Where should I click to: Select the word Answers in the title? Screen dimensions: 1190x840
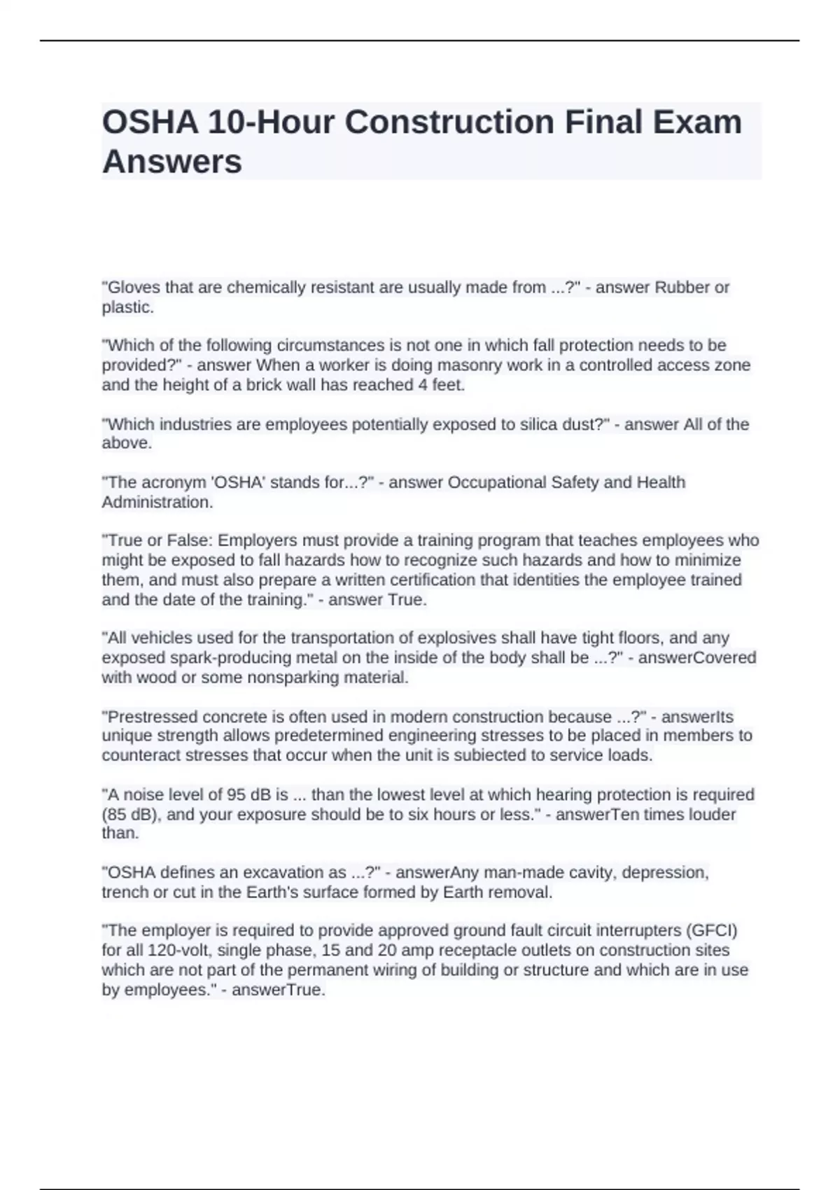coord(172,162)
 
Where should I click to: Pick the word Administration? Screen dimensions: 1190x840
coord(156,502)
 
